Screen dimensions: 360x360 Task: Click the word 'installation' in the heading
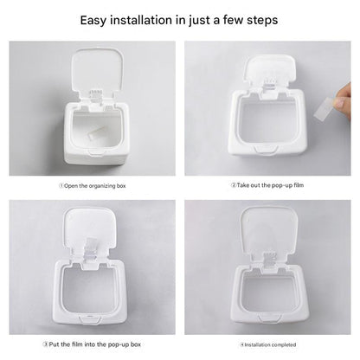[141, 20]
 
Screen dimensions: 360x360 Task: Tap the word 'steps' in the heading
[262, 20]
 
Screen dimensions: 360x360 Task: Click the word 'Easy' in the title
[93, 21]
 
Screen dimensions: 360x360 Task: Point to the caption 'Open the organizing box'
[93, 186]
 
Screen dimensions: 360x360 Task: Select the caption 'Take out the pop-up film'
[267, 185]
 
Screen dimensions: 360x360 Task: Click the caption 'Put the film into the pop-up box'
[92, 344]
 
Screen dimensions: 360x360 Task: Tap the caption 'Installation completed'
[268, 344]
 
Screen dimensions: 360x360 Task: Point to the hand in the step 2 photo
[344, 101]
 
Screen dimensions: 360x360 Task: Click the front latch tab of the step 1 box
[95, 152]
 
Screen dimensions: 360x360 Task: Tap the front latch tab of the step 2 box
[266, 150]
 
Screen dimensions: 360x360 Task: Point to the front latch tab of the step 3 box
[89, 319]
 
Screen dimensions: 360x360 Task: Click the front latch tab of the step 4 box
[270, 318]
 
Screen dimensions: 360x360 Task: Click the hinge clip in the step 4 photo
[270, 260]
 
